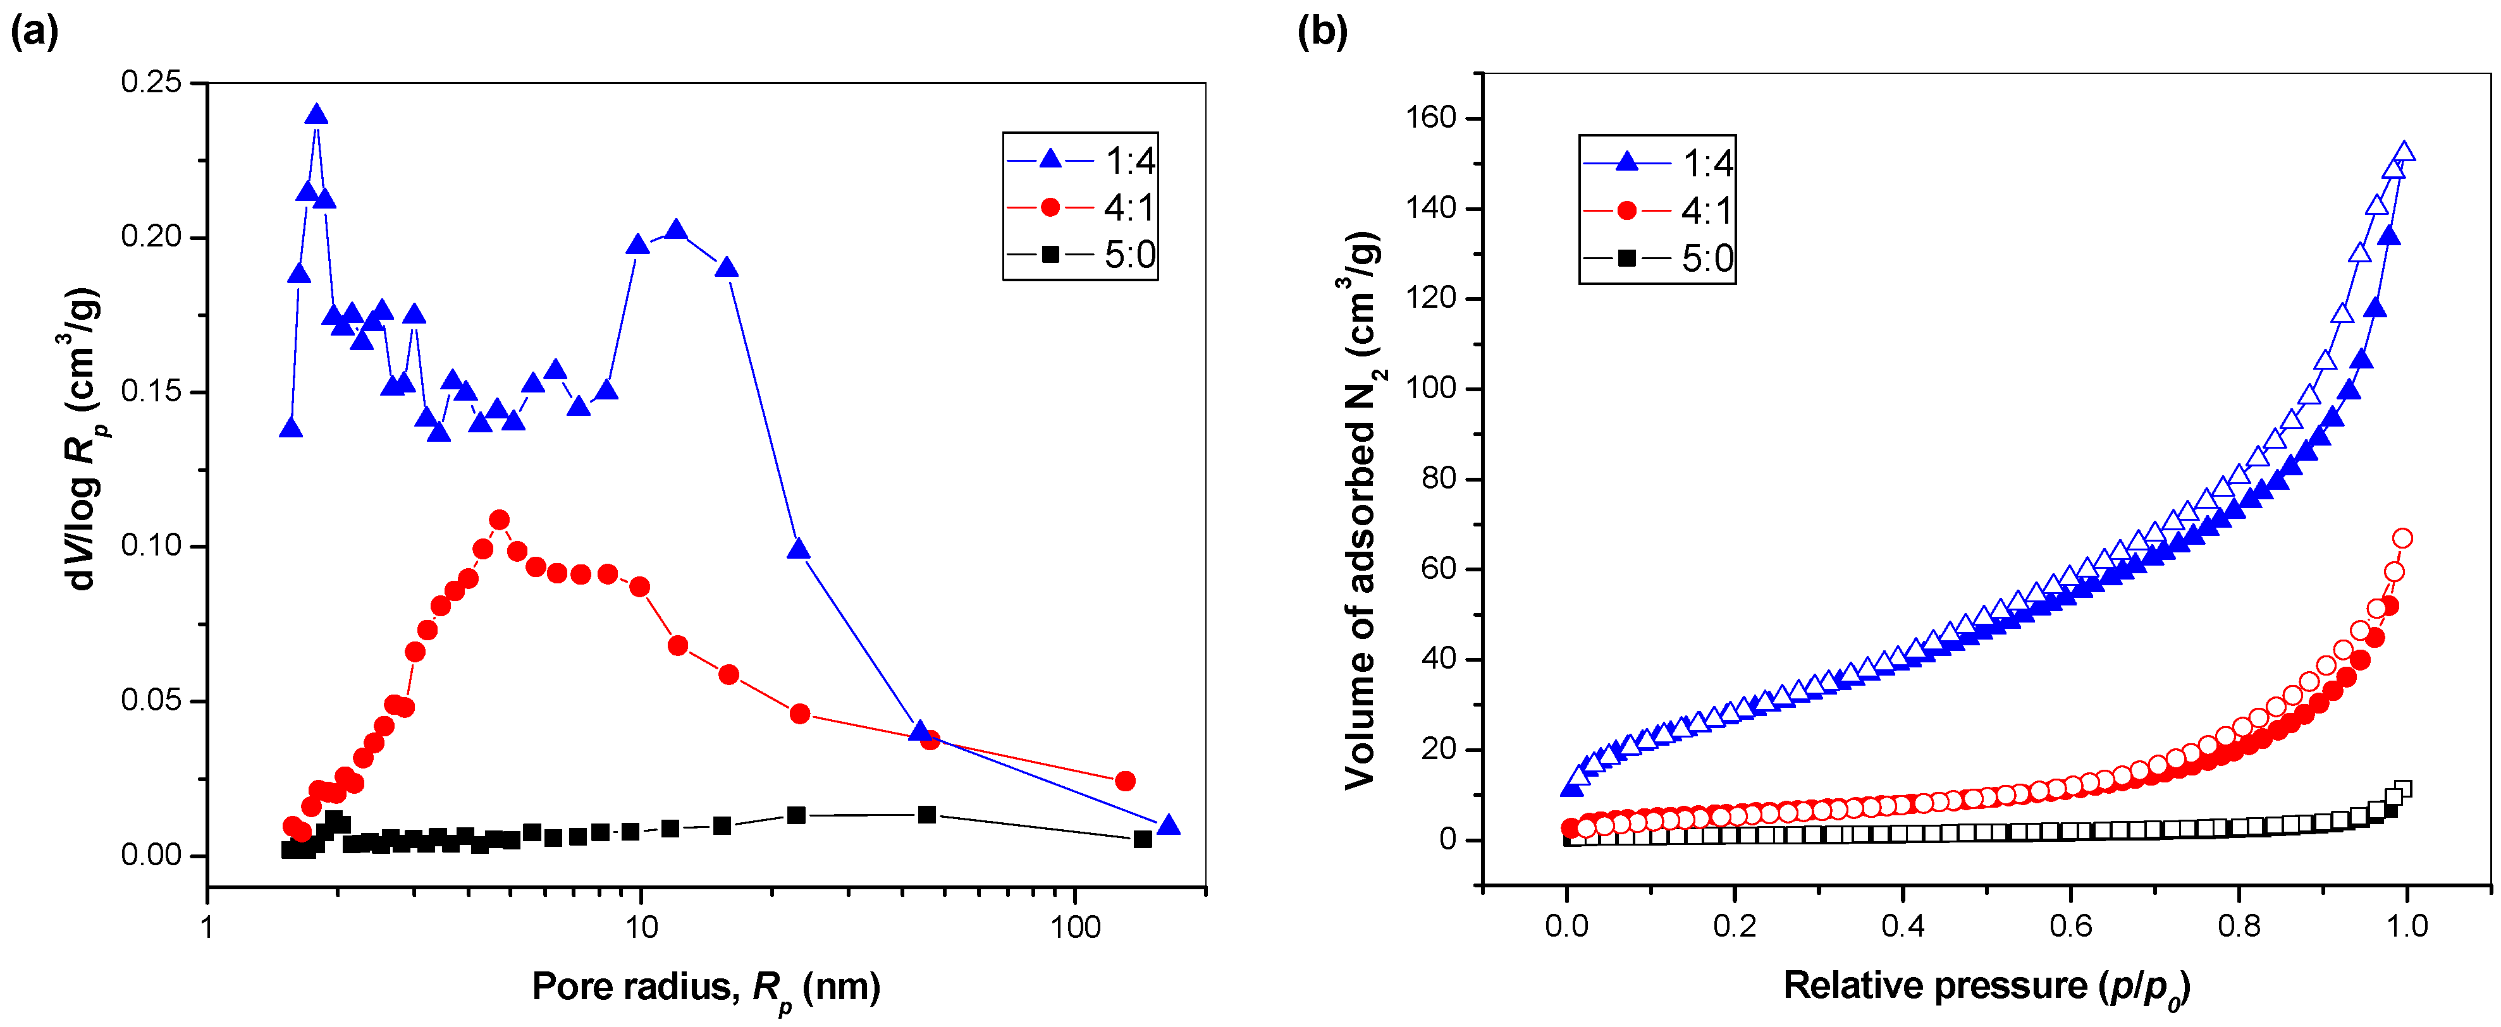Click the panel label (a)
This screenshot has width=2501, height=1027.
coord(34,32)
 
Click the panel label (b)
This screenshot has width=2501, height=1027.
coord(1322,32)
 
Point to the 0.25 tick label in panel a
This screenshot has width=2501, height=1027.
coord(152,83)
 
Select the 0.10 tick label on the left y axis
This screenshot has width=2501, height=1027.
coord(152,547)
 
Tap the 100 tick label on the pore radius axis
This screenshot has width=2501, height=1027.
coord(1075,927)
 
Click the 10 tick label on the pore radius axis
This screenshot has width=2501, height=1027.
coord(640,927)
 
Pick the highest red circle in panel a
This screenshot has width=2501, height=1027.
coord(499,520)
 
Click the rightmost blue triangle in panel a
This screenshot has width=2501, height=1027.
coord(1169,825)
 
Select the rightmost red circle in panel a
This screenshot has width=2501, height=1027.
coord(1125,781)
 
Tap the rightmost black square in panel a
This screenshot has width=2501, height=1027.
coord(1143,840)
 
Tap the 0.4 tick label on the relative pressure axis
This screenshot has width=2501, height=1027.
coord(1902,925)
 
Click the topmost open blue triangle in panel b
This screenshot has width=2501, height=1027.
coord(2404,152)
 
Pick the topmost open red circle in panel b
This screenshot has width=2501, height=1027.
coord(2403,538)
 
